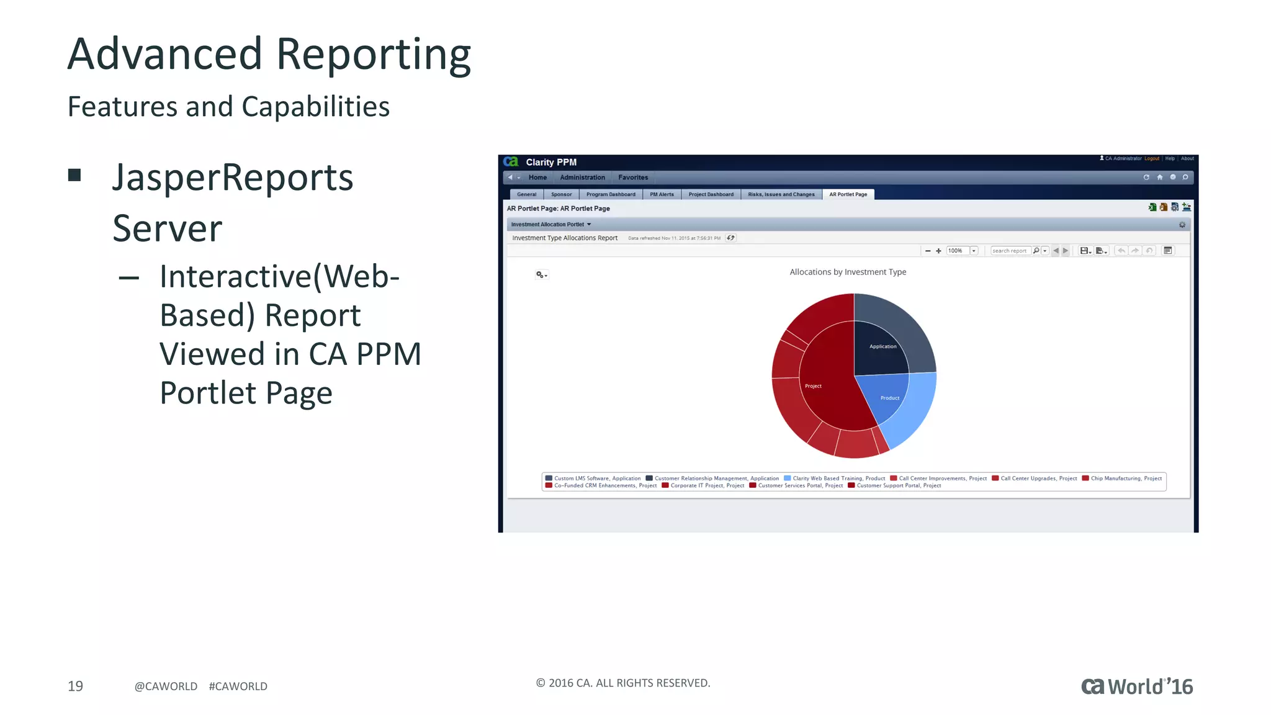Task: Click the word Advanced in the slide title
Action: coord(164,55)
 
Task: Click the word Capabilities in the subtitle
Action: coord(315,107)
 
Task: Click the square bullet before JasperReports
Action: coord(74,175)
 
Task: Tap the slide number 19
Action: coord(75,686)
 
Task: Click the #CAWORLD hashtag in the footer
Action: coord(238,686)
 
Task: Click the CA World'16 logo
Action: coord(1136,686)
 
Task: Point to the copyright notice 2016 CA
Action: coord(622,683)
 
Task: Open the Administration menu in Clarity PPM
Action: coord(582,178)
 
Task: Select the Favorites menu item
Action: coord(632,178)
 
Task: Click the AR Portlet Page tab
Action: coord(848,194)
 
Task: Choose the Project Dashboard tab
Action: coord(711,194)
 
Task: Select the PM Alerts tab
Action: coord(662,194)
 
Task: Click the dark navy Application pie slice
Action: coord(881,348)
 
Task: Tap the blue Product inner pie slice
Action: coord(889,397)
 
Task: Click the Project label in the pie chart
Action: coord(813,386)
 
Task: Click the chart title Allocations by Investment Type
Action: coord(847,272)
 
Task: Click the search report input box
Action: coord(1009,251)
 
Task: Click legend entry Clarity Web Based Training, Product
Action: coord(838,478)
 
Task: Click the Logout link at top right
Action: coord(1151,158)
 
